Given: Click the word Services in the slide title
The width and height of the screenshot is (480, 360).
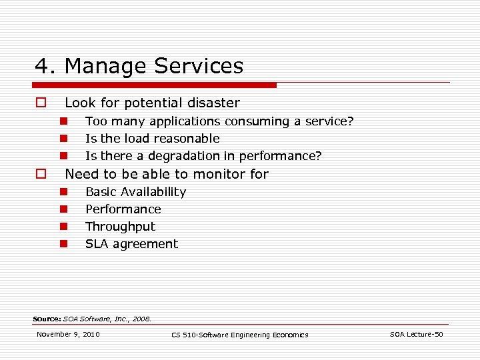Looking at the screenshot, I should click(x=199, y=67).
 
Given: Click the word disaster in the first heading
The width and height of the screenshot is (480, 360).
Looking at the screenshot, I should click(x=213, y=103).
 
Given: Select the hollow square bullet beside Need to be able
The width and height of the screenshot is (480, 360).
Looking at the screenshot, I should click(x=41, y=174).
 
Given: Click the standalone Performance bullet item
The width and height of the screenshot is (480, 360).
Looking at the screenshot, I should click(x=123, y=209).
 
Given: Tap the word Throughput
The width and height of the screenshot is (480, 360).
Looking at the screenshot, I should click(x=120, y=227).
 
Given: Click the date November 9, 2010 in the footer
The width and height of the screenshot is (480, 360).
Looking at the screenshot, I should click(x=68, y=334).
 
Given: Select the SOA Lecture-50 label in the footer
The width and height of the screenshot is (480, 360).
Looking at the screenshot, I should click(x=416, y=334).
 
